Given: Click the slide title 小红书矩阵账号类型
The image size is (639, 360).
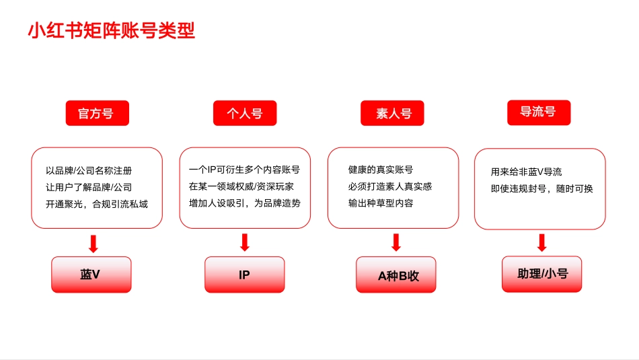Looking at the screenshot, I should [111, 32].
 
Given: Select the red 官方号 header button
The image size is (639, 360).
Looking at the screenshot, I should [96, 114].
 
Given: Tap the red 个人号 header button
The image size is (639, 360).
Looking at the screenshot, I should [245, 114].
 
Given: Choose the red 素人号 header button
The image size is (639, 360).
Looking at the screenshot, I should [393, 114].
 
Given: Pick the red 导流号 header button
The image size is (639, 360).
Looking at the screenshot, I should [538, 112].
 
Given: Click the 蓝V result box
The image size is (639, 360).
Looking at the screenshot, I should [91, 275].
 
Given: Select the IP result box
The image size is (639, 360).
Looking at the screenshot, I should [244, 275].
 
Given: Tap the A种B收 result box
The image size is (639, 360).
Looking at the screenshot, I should [396, 275].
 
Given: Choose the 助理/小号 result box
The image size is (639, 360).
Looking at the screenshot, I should [541, 274].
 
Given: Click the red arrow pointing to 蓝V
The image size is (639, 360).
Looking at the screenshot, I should [93, 243].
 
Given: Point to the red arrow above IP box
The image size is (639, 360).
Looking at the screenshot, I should [245, 243].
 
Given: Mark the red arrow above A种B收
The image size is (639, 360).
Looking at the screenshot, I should [396, 243].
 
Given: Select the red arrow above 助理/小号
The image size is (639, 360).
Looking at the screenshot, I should [541, 243].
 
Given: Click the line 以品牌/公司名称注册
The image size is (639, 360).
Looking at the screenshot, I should [89, 171].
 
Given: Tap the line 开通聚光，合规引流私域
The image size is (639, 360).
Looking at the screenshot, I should [96, 203].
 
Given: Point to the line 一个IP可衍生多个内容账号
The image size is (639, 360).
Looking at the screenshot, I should [244, 170].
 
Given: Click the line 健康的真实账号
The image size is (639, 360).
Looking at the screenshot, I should [380, 170].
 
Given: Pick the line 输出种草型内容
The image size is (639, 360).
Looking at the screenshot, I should [380, 203].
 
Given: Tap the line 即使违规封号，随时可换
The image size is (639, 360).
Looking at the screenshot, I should [541, 188].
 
